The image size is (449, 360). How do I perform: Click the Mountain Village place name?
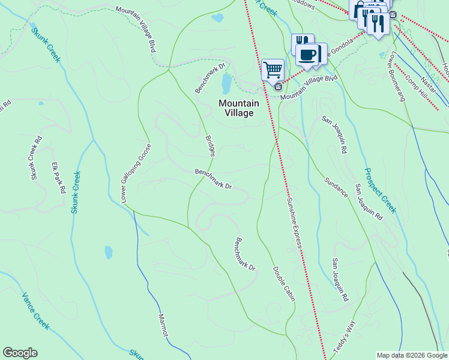(239, 108)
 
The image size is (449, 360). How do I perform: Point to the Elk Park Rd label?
(58, 178)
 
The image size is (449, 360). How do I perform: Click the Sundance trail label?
(336, 187)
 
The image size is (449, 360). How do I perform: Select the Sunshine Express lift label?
(294, 223)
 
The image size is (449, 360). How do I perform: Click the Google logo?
(20, 353)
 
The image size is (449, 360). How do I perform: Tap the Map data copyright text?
(411, 355)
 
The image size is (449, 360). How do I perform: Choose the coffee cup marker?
(309, 53)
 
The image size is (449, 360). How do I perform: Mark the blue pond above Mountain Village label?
(226, 84)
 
